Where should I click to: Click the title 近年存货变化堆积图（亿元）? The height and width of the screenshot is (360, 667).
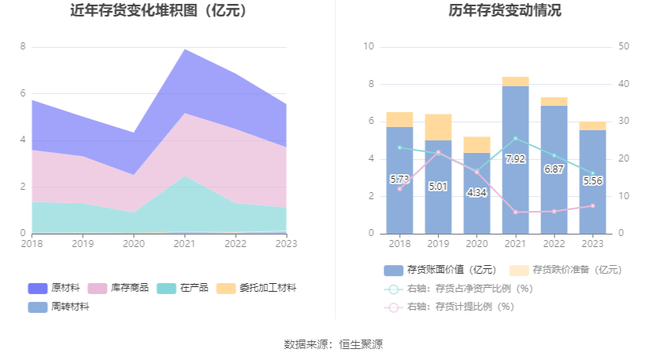159,11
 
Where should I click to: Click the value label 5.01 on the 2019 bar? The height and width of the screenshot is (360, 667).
438,187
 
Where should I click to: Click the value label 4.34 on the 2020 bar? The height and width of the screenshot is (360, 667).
476,192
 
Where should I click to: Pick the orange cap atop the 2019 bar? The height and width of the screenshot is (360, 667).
438,127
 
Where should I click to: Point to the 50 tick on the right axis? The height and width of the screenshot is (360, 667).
624,46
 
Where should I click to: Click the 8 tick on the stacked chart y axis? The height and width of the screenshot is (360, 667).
23,46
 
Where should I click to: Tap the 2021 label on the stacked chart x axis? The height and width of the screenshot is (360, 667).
184,244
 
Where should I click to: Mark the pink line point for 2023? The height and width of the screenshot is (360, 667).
592,205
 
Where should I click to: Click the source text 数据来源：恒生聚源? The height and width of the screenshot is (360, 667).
333,344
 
